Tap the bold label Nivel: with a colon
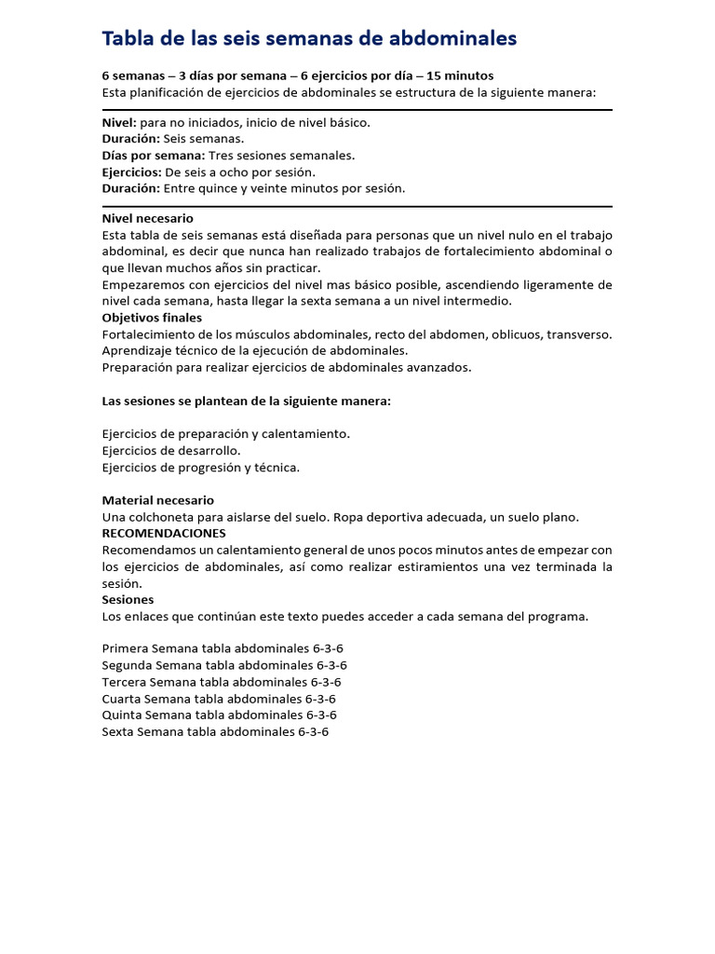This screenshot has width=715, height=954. click(x=119, y=122)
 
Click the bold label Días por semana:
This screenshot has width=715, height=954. click(x=153, y=156)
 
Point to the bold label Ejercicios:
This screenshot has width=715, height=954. click(x=131, y=172)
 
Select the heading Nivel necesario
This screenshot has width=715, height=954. click(x=147, y=218)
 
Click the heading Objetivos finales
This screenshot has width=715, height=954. click(x=151, y=318)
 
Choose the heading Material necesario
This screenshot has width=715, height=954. click(x=157, y=500)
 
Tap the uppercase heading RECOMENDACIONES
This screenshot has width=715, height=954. click(x=163, y=533)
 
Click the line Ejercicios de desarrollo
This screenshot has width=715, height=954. click(x=170, y=451)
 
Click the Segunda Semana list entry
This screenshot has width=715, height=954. click(x=224, y=665)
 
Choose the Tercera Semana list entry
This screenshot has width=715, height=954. click(x=222, y=682)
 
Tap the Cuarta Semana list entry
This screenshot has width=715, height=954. click(x=219, y=699)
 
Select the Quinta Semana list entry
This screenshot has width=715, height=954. click(x=219, y=715)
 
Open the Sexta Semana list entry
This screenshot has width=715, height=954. click(x=215, y=732)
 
